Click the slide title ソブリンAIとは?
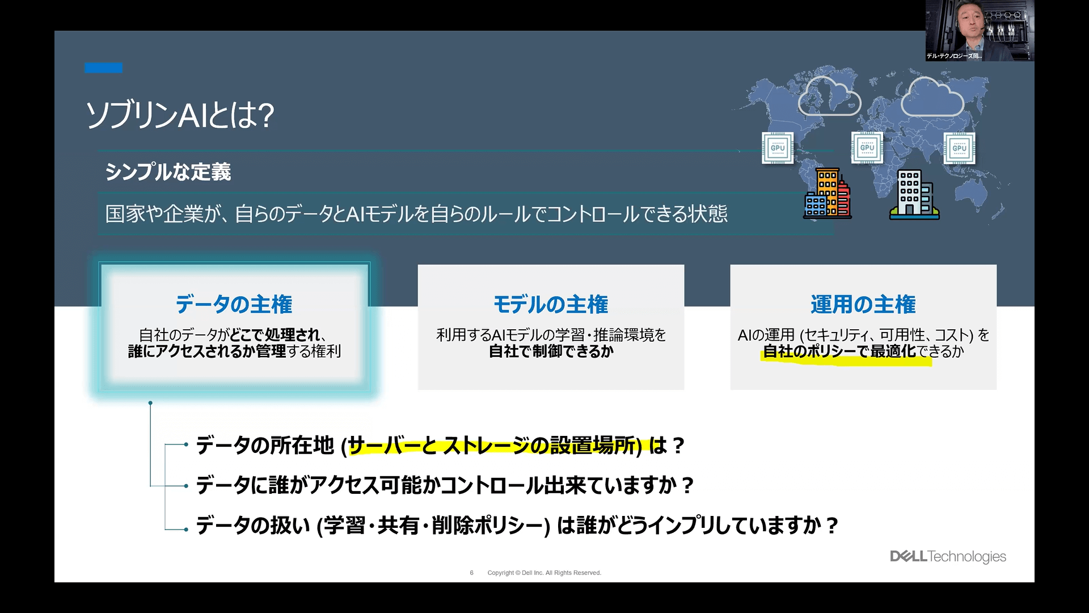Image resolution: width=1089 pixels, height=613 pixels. (x=180, y=115)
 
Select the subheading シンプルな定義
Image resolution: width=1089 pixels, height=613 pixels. (x=168, y=171)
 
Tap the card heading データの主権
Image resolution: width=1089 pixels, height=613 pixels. (x=234, y=304)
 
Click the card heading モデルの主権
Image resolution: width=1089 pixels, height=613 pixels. (x=551, y=304)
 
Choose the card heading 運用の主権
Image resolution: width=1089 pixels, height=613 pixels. (x=863, y=304)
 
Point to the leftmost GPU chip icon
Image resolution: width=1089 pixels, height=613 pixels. (x=778, y=148)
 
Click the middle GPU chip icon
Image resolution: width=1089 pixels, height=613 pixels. (x=867, y=148)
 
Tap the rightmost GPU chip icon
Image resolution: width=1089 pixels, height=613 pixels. (x=960, y=148)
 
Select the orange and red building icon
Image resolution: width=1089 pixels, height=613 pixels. (x=828, y=194)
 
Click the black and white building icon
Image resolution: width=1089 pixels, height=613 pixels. (x=914, y=195)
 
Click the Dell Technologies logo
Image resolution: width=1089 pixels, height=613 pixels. (x=948, y=556)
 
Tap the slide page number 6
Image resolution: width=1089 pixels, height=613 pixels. (x=471, y=573)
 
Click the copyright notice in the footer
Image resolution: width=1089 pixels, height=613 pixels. (x=544, y=573)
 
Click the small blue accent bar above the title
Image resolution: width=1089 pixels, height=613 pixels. (x=103, y=68)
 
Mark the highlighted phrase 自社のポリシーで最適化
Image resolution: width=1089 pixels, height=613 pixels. (x=839, y=351)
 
